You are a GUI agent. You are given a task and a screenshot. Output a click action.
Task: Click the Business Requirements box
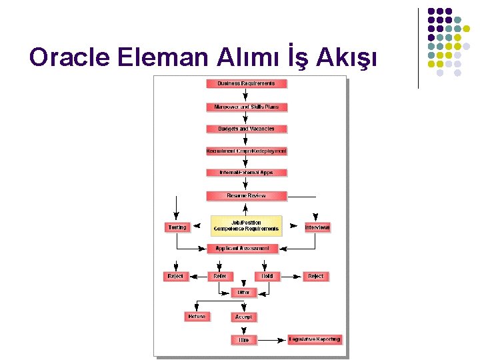(246, 84)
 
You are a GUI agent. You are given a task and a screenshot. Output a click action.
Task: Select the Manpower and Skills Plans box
(246, 107)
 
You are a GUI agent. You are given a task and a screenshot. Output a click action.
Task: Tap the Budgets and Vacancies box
(246, 129)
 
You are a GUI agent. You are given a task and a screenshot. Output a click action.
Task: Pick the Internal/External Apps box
(246, 173)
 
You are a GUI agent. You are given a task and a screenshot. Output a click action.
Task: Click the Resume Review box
(246, 195)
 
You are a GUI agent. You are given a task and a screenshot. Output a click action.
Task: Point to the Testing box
(177, 227)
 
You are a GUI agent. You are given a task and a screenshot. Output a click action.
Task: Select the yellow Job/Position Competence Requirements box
(246, 226)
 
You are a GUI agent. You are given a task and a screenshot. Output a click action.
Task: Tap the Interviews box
(317, 227)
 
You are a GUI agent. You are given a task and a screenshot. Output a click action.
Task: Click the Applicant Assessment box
(243, 248)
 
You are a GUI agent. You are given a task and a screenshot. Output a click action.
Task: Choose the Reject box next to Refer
(175, 276)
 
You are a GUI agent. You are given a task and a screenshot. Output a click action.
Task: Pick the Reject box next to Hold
(316, 276)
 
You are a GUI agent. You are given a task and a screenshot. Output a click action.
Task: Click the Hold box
(267, 276)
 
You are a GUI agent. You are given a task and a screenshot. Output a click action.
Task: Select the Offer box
(243, 293)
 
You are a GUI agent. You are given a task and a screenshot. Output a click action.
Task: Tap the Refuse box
(197, 317)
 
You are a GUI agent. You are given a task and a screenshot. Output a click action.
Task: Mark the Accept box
(244, 317)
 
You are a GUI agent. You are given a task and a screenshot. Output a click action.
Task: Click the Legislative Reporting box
(315, 339)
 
